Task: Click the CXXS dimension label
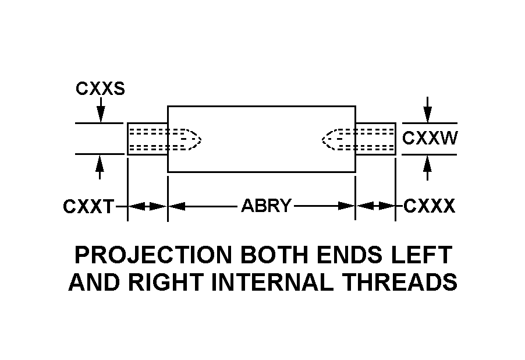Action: pyautogui.click(x=100, y=89)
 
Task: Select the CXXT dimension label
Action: pyautogui.click(x=89, y=206)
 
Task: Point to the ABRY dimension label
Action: pyautogui.click(x=266, y=206)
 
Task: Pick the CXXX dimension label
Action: pyautogui.click(x=429, y=206)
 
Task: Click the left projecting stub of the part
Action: pyautogui.click(x=147, y=139)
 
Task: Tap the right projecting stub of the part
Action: pyautogui.click(x=376, y=139)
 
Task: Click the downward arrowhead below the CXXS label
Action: pyautogui.click(x=100, y=117)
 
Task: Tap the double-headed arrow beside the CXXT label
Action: pyautogui.click(x=147, y=206)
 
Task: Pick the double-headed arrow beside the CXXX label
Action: pyautogui.click(x=376, y=206)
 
